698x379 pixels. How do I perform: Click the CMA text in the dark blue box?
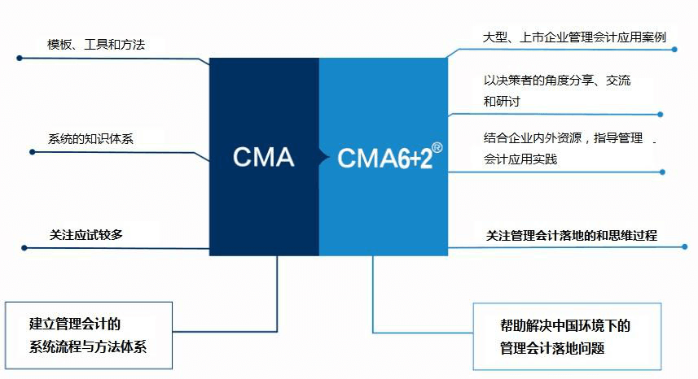(x=263, y=156)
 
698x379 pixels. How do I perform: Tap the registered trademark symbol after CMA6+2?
(x=437, y=147)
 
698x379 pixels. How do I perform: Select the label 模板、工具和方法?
(x=97, y=44)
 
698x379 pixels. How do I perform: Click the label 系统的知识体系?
(x=90, y=139)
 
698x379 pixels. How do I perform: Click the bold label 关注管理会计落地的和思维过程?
(x=572, y=236)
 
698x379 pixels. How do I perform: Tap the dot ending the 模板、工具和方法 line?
(x=20, y=58)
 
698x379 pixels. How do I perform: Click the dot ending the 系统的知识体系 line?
(x=29, y=151)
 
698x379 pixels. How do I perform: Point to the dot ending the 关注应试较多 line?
(x=24, y=247)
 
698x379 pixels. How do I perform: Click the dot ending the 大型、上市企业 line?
(x=675, y=49)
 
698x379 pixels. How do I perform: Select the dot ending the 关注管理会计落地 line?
(x=674, y=246)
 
